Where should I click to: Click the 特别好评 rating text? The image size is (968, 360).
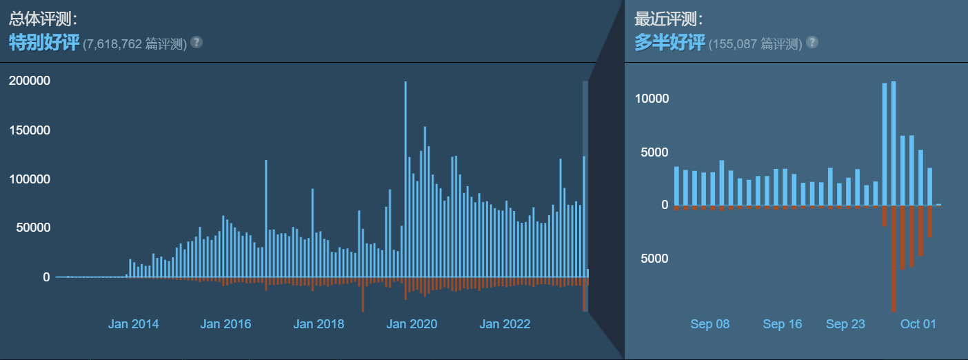[x=43, y=43]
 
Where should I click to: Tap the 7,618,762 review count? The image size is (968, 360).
[x=112, y=44]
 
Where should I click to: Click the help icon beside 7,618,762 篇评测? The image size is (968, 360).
[x=196, y=43]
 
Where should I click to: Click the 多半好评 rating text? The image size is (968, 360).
[x=669, y=43]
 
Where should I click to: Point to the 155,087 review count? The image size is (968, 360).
[x=738, y=44]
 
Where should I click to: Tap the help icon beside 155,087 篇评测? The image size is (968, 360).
[x=812, y=43]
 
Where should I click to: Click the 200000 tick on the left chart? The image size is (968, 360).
[x=29, y=81]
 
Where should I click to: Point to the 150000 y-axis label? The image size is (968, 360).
[x=29, y=130]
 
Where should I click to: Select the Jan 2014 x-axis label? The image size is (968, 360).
[x=133, y=324]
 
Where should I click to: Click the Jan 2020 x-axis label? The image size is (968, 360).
[x=412, y=324]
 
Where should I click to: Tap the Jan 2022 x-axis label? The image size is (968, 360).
[x=505, y=324]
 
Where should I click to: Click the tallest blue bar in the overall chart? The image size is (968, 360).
[x=405, y=179]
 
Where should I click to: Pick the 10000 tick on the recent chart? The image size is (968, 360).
[x=652, y=99]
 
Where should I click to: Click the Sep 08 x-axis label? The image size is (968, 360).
[x=709, y=324]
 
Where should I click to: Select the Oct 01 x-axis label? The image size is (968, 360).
[x=919, y=324]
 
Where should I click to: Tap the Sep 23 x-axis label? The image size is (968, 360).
[x=845, y=324]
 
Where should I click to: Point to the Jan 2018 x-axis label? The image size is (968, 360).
[x=319, y=324]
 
